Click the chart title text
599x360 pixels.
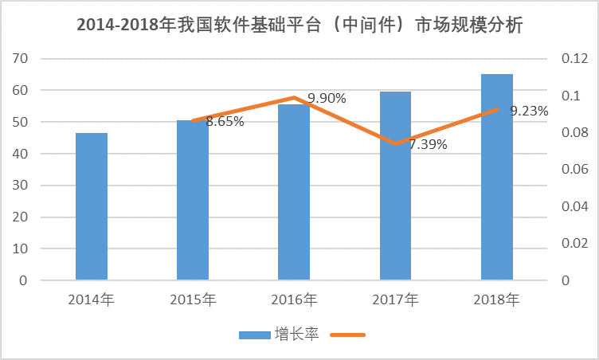(x=299, y=25)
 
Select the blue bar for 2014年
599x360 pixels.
(x=92, y=207)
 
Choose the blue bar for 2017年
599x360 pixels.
(x=395, y=187)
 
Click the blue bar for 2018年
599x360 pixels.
(x=497, y=177)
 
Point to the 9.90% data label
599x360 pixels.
(x=327, y=98)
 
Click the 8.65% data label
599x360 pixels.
(x=225, y=122)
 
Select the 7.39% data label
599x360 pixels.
(x=428, y=145)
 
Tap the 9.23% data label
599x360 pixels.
(x=529, y=112)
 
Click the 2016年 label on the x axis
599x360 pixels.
(x=294, y=300)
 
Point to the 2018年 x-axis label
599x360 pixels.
(x=497, y=300)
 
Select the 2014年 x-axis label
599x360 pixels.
(x=92, y=300)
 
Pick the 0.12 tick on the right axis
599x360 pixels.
(x=573, y=59)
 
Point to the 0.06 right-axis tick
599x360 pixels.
(x=573, y=170)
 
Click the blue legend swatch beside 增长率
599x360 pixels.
(x=255, y=335)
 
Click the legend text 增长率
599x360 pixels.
(x=297, y=335)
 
